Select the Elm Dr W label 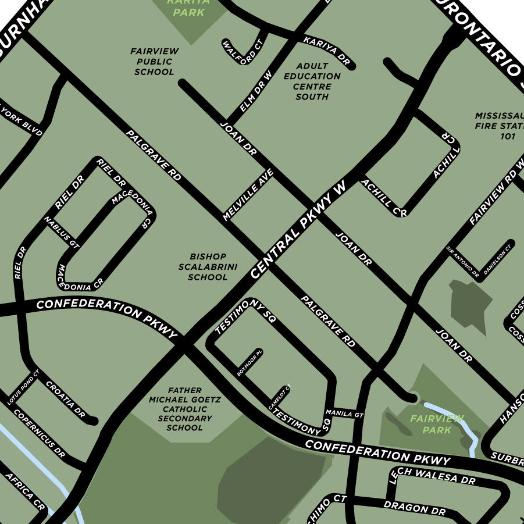pyautogui.click(x=256, y=92)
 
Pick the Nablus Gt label pyautogui.click(x=61, y=231)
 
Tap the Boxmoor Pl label pyautogui.click(x=250, y=363)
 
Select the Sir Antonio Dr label pyautogui.click(x=463, y=261)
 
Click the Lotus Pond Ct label pyautogui.click(x=22, y=389)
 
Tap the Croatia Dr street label pyautogui.click(x=65, y=400)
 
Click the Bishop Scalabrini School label pyautogui.click(x=208, y=267)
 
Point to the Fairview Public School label pyautogui.click(x=154, y=62)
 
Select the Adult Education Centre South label pyautogui.click(x=312, y=81)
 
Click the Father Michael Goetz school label pyautogui.click(x=184, y=409)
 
